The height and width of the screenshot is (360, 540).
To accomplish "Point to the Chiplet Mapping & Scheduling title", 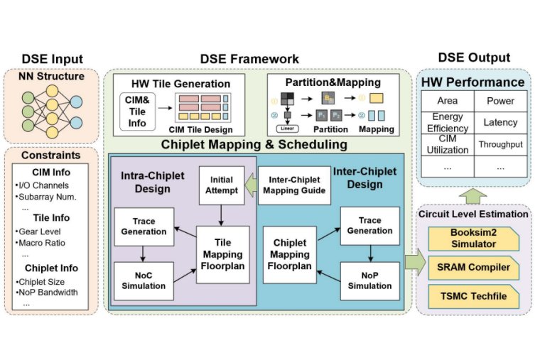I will click(x=254, y=144).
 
